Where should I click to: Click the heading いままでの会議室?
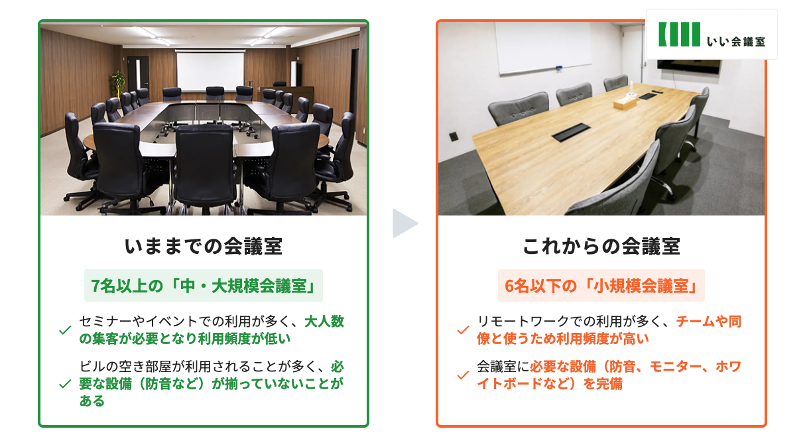(204, 246)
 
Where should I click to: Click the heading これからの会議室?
(601, 246)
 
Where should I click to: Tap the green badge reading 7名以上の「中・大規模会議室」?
(204, 285)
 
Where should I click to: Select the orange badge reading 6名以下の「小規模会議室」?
(601, 285)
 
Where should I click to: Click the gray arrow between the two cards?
(404, 223)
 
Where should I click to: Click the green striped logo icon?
(679, 34)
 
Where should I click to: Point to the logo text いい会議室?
(736, 41)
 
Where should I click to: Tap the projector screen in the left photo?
(210, 72)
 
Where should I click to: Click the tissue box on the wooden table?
(625, 101)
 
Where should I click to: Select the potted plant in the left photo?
(117, 84)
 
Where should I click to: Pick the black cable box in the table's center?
(571, 132)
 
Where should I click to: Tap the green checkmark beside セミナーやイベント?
(65, 330)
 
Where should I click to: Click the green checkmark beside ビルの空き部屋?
(65, 383)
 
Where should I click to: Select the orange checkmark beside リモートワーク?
(463, 330)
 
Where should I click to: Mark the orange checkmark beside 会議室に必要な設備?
(463, 375)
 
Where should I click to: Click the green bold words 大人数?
(324, 321)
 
